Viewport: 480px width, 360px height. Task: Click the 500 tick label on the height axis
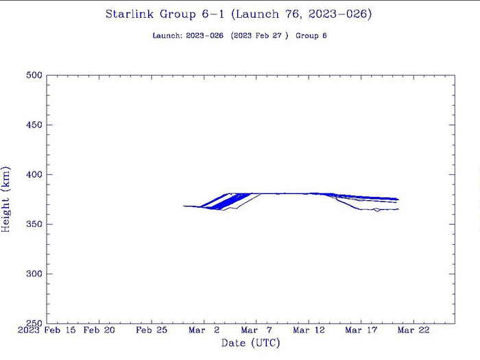coord(34,75)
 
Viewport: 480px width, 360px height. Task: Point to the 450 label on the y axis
coord(34,125)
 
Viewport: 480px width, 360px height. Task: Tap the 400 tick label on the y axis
coord(34,175)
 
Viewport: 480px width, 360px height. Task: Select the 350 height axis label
coord(34,224)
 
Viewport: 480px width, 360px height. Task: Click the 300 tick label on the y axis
coord(34,274)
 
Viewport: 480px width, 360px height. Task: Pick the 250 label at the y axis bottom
coord(34,323)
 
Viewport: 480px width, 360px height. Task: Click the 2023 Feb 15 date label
coord(47,331)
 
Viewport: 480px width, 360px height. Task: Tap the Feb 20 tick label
coord(99,331)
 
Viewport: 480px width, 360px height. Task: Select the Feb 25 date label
coord(152,331)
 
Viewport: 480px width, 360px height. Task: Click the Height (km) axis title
coord(7,199)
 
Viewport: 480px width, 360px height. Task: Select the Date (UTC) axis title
coord(250,343)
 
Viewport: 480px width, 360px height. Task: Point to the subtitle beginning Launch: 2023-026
coord(239,35)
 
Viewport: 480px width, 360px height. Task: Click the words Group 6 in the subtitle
coord(311,35)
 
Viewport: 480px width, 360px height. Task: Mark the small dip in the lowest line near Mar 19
coord(376,211)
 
